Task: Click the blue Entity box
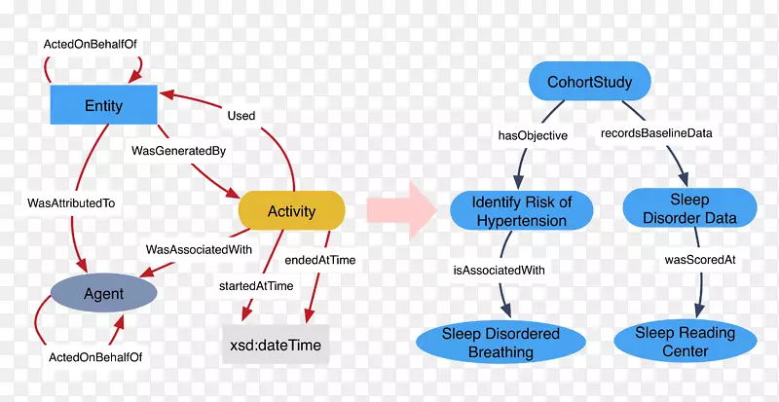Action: coord(103,105)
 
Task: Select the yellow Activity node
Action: coord(291,210)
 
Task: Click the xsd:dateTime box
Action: coord(277,345)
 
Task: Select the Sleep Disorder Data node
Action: coord(689,209)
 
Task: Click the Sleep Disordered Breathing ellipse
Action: coord(501,342)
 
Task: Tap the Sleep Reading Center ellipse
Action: coord(685,342)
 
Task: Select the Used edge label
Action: coord(241,116)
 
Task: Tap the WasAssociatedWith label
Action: coord(199,249)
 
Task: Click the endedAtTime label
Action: coord(320,260)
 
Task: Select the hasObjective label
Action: coord(533,135)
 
